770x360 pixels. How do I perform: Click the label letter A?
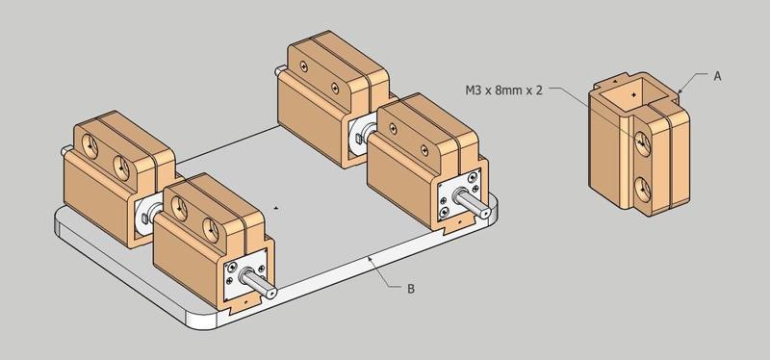(717, 75)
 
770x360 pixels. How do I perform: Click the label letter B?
(411, 288)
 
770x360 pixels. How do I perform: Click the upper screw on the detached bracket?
(641, 141)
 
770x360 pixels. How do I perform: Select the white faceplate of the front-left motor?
(236, 279)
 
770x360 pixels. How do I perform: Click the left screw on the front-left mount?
(177, 203)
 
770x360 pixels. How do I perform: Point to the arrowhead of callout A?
(680, 92)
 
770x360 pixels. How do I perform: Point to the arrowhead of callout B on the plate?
(371, 259)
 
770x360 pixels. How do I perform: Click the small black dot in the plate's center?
(277, 206)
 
